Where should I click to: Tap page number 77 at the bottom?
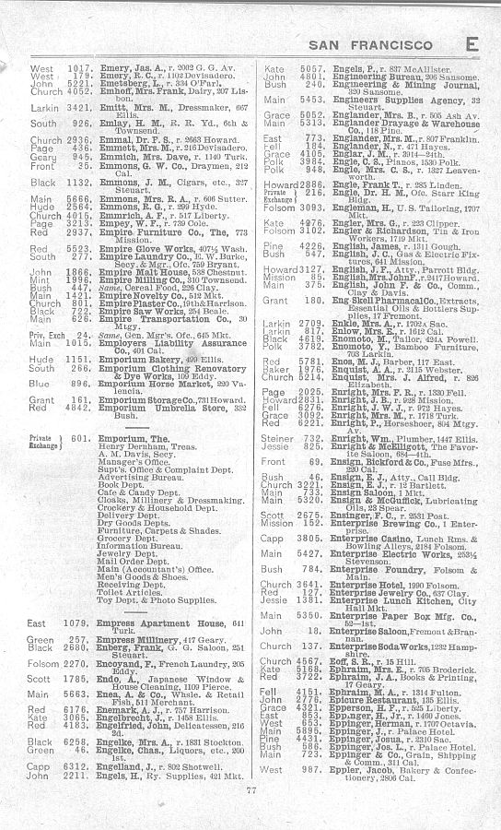(x=250, y=815)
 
